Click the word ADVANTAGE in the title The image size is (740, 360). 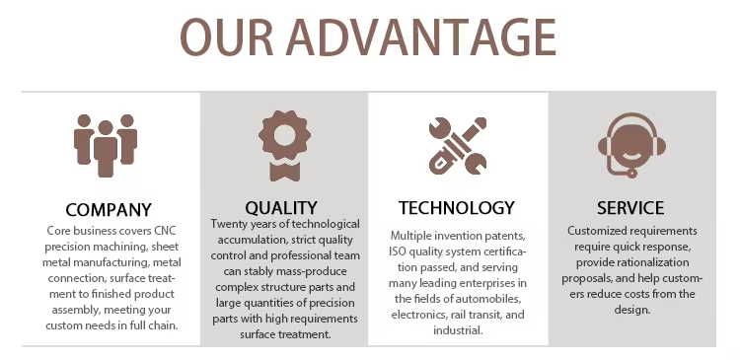click(x=421, y=37)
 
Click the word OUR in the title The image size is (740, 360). click(x=227, y=37)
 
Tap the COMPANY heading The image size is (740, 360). click(x=109, y=209)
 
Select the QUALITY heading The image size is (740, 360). click(x=281, y=207)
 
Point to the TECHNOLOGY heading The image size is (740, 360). click(x=457, y=207)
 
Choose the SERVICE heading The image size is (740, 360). click(x=630, y=207)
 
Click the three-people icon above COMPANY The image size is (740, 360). click(x=106, y=145)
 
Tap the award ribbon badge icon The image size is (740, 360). click(x=284, y=145)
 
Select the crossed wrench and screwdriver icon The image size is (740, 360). click(x=458, y=145)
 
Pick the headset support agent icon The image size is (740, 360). click(x=631, y=145)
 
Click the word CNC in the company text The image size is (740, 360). click(x=165, y=231)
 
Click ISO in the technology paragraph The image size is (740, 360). click(x=398, y=252)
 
